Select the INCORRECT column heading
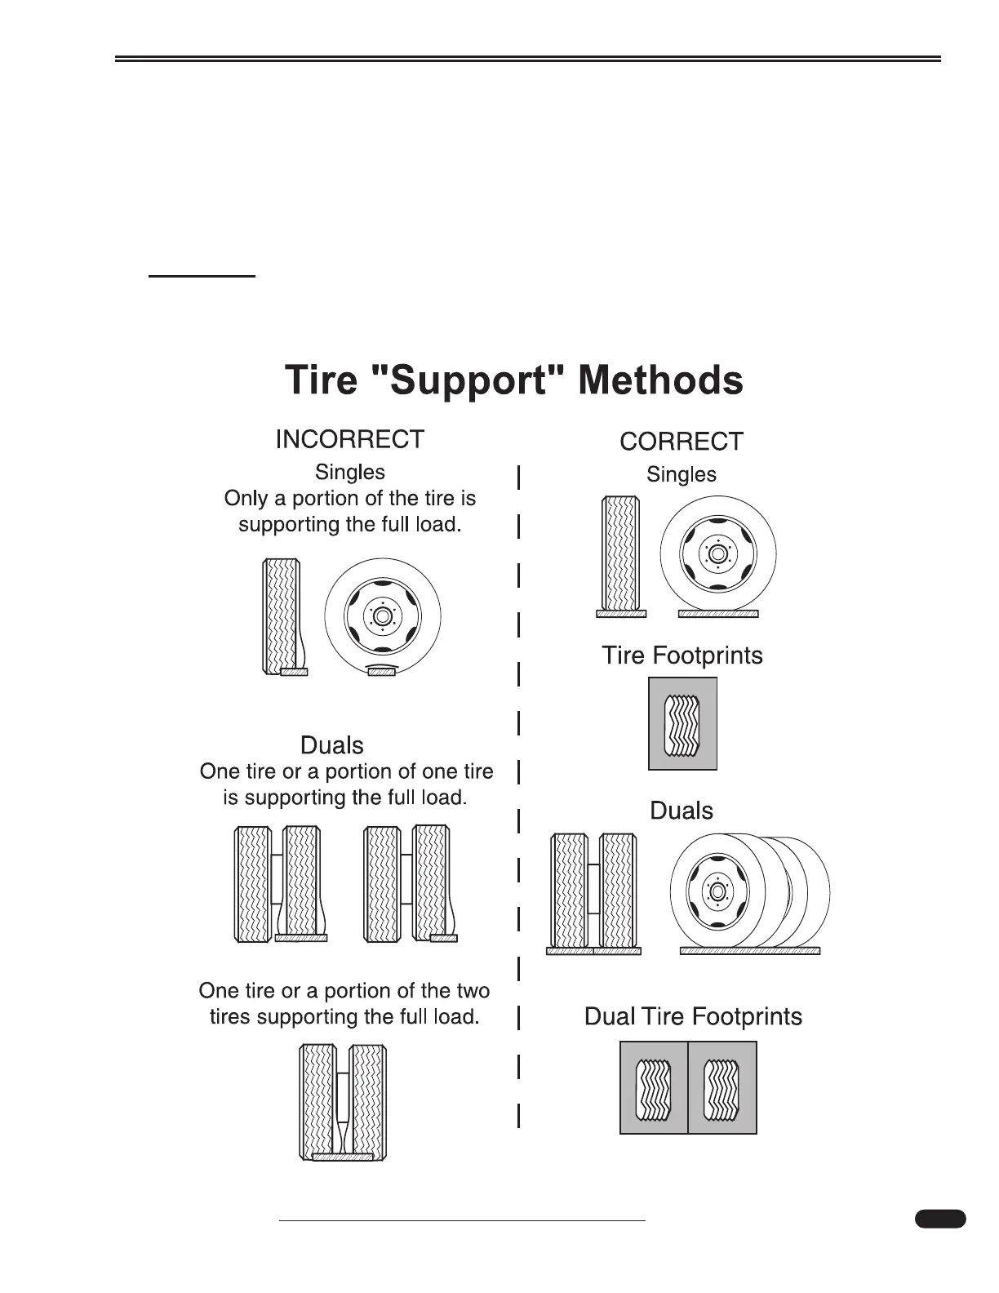click(349, 439)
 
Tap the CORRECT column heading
click(682, 442)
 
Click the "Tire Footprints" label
click(682, 655)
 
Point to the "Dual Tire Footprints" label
click(693, 1016)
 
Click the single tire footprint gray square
click(683, 724)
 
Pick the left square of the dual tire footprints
click(654, 1088)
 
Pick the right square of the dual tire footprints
click(722, 1088)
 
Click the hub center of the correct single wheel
click(717, 553)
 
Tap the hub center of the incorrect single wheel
click(383, 615)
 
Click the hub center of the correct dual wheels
click(718, 891)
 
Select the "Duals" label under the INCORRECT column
click(332, 745)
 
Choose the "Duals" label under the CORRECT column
click(682, 811)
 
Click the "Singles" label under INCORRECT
click(350, 472)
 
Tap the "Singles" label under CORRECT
click(682, 474)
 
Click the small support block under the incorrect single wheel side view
click(381, 672)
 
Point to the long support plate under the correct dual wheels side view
click(749, 951)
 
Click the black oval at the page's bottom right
click(939, 1219)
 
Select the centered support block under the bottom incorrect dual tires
click(343, 1157)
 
